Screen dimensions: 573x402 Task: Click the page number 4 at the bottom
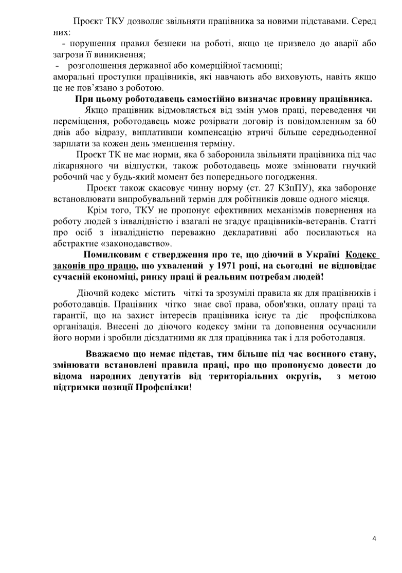374,539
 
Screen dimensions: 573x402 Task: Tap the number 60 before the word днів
370,122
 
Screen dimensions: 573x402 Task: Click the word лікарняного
77,166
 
